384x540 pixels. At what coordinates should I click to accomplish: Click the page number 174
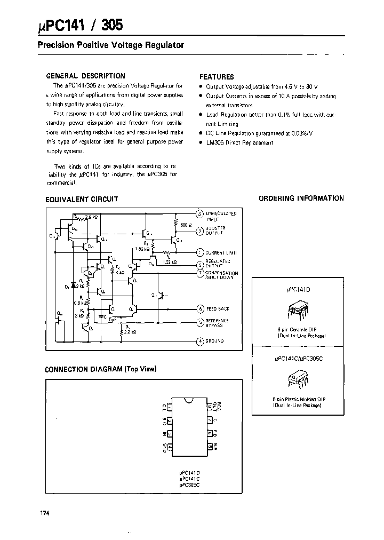[x=44, y=513]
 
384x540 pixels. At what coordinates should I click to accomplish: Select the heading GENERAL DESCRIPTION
[x=86, y=76]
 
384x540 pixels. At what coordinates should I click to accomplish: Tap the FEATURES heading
[x=217, y=77]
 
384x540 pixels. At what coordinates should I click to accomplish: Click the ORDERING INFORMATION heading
[x=301, y=198]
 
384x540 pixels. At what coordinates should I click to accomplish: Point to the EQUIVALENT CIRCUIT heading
[x=82, y=199]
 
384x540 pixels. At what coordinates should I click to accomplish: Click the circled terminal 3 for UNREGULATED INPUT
[x=200, y=215]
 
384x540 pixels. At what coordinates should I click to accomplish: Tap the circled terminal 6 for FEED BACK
[x=200, y=308]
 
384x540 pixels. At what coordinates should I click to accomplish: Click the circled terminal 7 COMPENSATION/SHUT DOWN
[x=200, y=273]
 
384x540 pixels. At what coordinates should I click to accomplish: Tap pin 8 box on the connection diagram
[x=211, y=408]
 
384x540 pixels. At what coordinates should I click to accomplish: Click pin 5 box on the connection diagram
[x=211, y=447]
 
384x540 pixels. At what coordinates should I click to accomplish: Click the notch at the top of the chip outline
[x=188, y=400]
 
